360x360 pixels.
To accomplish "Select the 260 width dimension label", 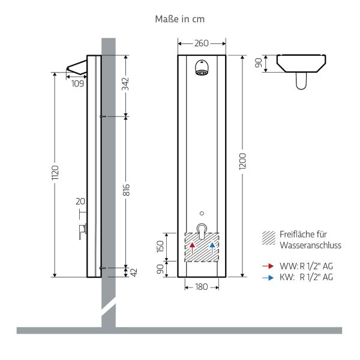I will point(202,43).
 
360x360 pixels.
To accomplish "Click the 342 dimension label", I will point(126,85).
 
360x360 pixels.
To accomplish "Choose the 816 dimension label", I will point(126,190).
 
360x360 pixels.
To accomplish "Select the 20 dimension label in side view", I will point(80,201).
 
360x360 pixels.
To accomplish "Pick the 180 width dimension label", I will point(202,287).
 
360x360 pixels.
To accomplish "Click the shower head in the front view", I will point(202,70).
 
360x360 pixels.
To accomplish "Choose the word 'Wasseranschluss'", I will point(310,245).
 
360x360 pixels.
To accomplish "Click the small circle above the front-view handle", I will point(202,213).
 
